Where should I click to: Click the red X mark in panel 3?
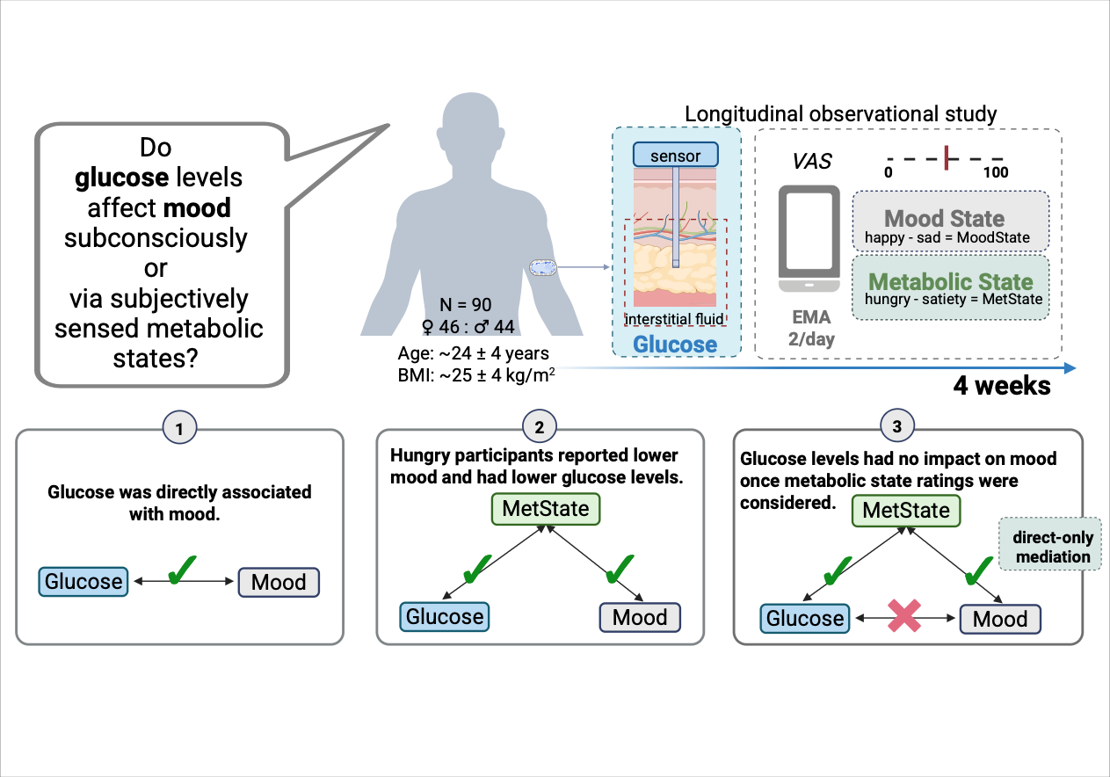coord(903,618)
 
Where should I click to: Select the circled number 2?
coord(539,428)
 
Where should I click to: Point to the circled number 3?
coord(896,428)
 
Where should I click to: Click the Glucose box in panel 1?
coord(83,582)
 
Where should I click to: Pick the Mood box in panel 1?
coord(279,582)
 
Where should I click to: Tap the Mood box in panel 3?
coord(1000,619)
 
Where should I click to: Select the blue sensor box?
coord(676,156)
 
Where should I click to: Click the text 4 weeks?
coord(1002,386)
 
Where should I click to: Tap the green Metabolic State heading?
coord(950,282)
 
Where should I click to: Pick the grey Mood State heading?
coord(944,218)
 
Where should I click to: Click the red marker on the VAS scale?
coord(946,156)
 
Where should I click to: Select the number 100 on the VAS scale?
coord(996,172)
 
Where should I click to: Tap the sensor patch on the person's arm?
coord(541,266)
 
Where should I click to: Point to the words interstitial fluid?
coord(675,317)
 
